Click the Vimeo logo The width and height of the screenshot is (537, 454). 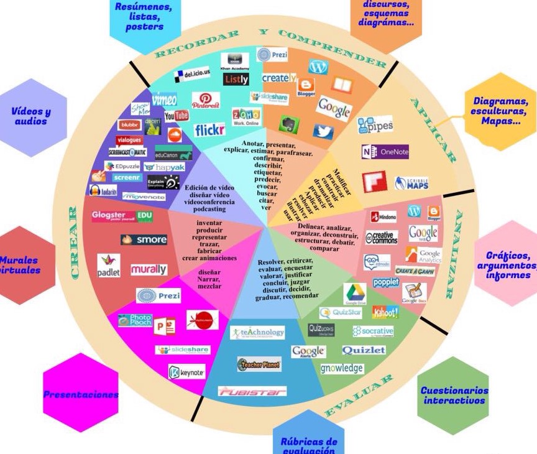pos(164,100)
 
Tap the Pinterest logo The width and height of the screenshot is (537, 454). pos(206,101)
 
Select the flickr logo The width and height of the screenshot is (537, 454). pos(209,131)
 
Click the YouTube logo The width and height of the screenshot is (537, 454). pos(177,116)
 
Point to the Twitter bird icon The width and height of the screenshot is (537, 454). pos(323,132)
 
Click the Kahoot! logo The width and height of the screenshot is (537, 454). pos(385,312)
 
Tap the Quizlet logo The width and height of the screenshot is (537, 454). pos(364,350)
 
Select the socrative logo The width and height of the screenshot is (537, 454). pos(373,331)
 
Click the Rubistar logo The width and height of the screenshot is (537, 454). pos(252,391)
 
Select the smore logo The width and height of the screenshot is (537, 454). pos(144,239)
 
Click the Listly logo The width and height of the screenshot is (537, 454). pos(236,79)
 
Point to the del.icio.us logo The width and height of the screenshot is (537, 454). pos(191,75)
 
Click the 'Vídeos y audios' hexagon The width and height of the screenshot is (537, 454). pos(31,117)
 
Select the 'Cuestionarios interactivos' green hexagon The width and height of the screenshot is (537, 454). pos(454,395)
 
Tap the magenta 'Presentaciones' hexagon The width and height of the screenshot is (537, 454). pos(80,394)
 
